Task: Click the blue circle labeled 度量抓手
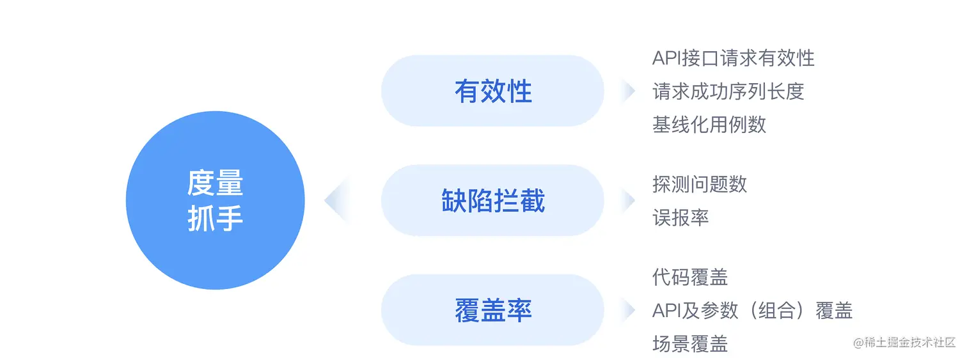click(215, 201)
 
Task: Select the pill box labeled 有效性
click(492, 91)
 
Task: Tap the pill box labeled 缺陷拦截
click(492, 201)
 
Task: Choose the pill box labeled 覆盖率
click(492, 311)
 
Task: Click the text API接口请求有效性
click(733, 58)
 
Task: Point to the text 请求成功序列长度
click(728, 91)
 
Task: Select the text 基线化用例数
click(709, 124)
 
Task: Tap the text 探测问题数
click(699, 184)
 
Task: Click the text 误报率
click(680, 217)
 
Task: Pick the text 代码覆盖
click(690, 277)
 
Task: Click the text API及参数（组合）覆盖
click(752, 311)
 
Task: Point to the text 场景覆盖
click(690, 344)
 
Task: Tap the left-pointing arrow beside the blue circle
click(335, 201)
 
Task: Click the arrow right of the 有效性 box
click(628, 91)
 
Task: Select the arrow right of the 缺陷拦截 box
click(628, 201)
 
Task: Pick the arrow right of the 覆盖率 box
click(628, 311)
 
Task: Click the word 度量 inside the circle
click(215, 184)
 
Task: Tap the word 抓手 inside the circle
click(215, 219)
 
